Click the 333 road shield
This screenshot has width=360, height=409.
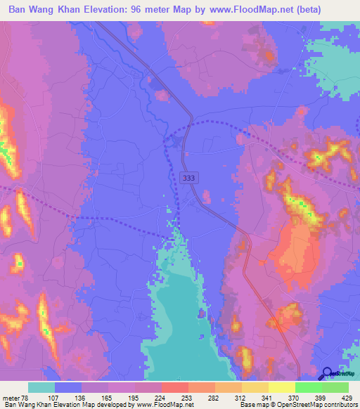(x=188, y=178)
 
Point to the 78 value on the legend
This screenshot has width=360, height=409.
(x=28, y=398)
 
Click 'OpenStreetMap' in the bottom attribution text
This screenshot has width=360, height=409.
(x=307, y=405)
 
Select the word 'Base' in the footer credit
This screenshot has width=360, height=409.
(x=246, y=405)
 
